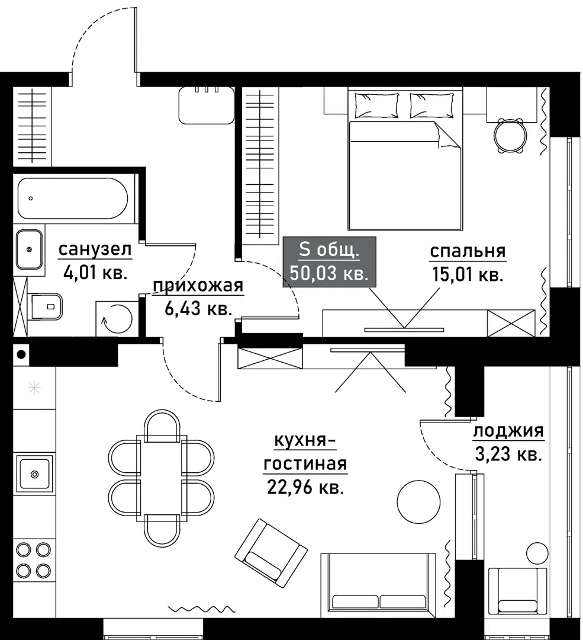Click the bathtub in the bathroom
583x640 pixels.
point(72,198)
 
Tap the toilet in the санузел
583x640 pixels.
point(47,306)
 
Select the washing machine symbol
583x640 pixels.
point(116,319)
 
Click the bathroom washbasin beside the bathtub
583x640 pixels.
point(28,249)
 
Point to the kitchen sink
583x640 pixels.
point(34,473)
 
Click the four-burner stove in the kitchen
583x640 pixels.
point(33,561)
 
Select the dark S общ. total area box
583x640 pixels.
point(329,261)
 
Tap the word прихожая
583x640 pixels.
point(198,287)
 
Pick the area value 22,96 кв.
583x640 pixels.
point(305,488)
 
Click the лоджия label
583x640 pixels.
point(508,431)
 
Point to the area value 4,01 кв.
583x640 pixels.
point(95,273)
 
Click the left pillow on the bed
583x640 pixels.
point(376,105)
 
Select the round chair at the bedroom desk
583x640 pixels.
point(510,136)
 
